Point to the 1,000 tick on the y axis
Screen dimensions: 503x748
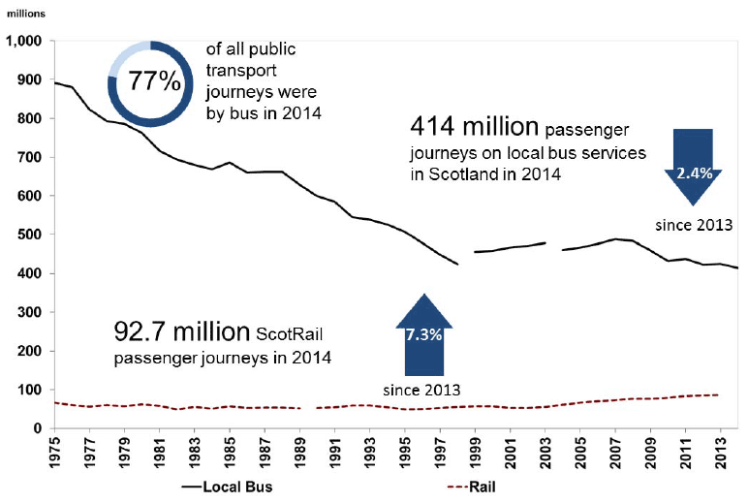coord(25,42)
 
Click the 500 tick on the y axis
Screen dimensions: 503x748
coord(31,235)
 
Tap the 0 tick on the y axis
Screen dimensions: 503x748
coord(40,428)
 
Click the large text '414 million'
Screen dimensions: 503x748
coord(474,127)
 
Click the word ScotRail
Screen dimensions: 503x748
coord(288,335)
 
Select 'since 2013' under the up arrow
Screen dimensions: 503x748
coord(422,390)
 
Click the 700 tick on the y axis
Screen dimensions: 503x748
coord(31,157)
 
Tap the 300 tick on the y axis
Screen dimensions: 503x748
coord(31,312)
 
